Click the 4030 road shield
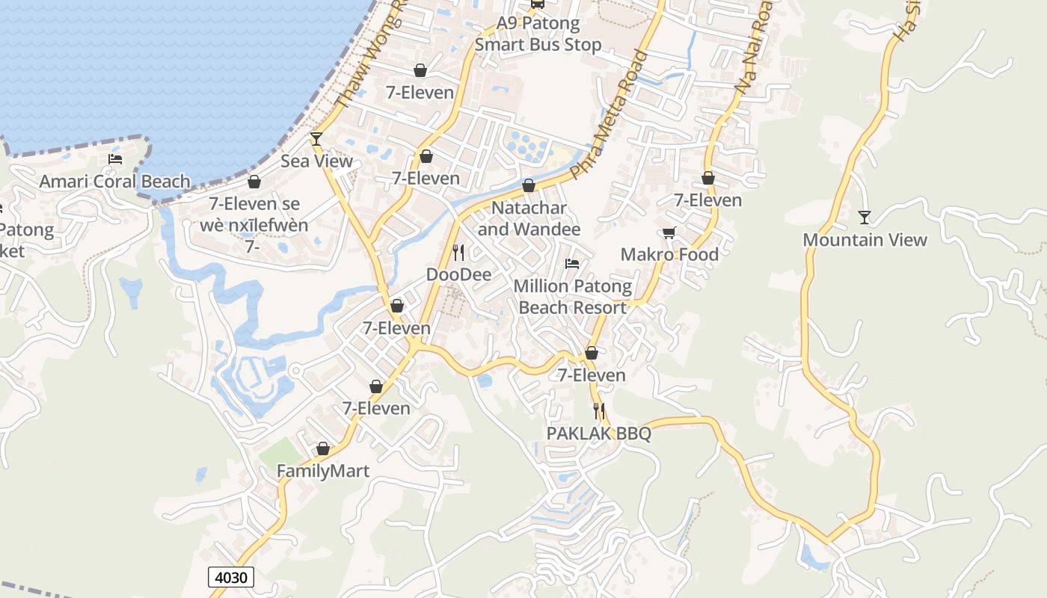[232, 577]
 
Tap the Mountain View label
[865, 240]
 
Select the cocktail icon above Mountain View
[865, 217]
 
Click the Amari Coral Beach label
[114, 182]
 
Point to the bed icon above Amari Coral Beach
[115, 158]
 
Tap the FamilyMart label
[323, 472]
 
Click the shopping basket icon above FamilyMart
[323, 449]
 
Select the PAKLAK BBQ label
[598, 434]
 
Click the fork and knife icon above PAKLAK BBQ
[598, 410]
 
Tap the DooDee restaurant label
[458, 275]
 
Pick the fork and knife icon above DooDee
[458, 252]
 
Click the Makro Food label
[669, 255]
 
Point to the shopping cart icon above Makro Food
[669, 232]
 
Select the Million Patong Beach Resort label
[572, 297]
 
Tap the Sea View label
[316, 161]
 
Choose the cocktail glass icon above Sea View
[316, 138]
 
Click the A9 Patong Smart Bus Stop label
[538, 34]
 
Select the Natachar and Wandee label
[529, 218]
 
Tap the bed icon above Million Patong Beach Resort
[572, 264]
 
